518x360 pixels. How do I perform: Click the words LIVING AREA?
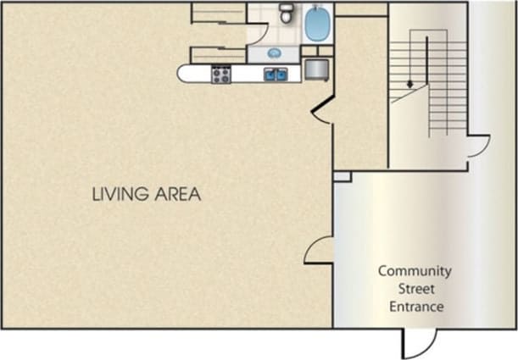pos(146,194)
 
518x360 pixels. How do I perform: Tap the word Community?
pos(415,272)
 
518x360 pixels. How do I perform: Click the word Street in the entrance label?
pos(415,289)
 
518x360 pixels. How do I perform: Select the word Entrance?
pos(415,307)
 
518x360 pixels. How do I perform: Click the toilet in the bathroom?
pos(287,13)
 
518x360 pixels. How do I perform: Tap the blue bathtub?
pos(318,23)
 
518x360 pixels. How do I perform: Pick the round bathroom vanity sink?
pos(275,53)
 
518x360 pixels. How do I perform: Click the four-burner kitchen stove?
pos(221,75)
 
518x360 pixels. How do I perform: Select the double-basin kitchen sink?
pos(276,75)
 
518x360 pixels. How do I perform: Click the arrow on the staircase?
pos(410,83)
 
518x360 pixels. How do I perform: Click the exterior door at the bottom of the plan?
pos(420,343)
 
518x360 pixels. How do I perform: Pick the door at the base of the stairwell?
pos(477,147)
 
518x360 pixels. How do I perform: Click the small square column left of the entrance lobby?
pos(342,176)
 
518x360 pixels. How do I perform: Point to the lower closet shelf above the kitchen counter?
pos(218,54)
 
